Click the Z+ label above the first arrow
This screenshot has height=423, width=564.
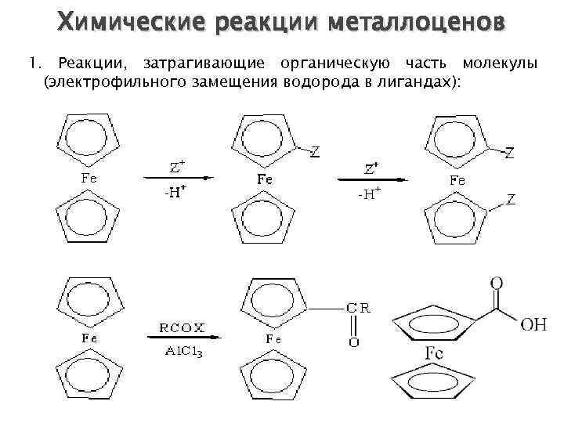pyautogui.click(x=178, y=166)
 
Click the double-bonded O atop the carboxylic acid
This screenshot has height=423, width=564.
pyautogui.click(x=496, y=283)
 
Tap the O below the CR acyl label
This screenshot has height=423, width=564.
pyautogui.click(x=353, y=342)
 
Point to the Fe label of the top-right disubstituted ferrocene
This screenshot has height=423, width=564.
pyautogui.click(x=457, y=181)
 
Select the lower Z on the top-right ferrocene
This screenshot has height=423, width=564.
pyautogui.click(x=510, y=201)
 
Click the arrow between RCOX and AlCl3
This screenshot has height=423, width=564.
pyautogui.click(x=179, y=338)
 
